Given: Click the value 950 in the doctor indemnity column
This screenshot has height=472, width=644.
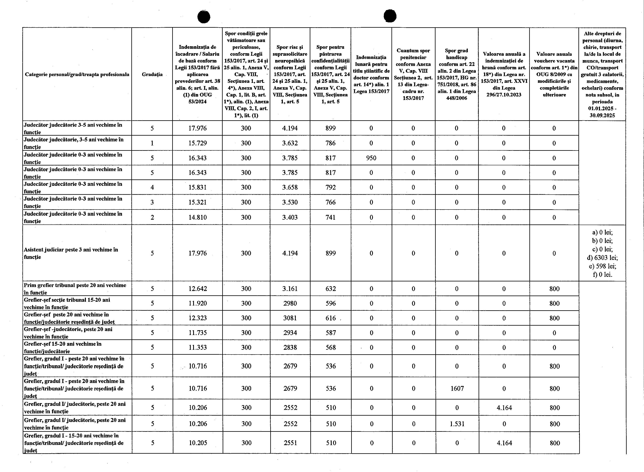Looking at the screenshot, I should tap(371, 158).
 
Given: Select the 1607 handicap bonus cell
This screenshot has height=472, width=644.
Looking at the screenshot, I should tap(457, 388).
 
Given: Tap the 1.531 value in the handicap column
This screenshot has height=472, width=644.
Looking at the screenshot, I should tap(457, 424).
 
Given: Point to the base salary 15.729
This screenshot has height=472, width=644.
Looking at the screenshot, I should tap(197, 143).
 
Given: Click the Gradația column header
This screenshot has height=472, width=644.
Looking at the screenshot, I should tap(152, 74).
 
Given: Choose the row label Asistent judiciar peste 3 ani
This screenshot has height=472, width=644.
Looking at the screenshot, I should tap(71, 253).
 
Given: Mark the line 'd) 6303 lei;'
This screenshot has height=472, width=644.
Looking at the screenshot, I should tap(602, 258).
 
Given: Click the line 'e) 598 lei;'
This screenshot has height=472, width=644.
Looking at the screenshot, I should tap(602, 266).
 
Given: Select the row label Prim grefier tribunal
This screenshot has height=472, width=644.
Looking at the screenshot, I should tap(75, 289).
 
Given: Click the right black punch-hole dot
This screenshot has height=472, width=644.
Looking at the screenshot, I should tap(390, 16).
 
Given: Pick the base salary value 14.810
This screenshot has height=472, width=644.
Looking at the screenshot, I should tap(197, 217).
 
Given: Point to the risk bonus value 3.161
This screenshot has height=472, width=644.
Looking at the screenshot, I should tap(290, 289).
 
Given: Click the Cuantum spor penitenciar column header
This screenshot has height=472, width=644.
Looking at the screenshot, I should tap(413, 74).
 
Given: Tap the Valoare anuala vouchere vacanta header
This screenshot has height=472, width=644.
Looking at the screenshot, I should tap(554, 74).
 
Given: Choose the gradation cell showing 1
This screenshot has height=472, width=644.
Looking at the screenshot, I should tap(152, 143).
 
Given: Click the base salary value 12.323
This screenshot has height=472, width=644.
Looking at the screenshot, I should tap(198, 318).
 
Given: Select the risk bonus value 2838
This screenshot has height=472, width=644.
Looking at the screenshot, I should tap(290, 348).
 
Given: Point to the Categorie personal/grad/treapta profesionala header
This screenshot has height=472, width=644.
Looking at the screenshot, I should tap(77, 74).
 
